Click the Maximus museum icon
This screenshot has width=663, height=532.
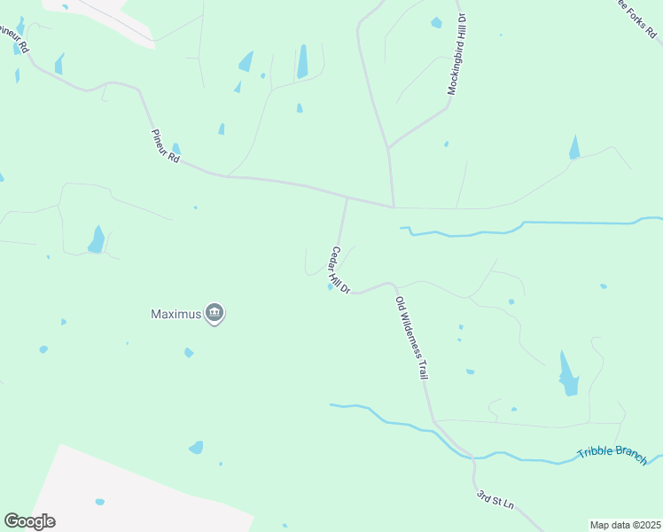coord(214,314)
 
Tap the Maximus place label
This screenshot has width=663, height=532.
coord(175,314)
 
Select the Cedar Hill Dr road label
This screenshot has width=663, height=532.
coord(341,270)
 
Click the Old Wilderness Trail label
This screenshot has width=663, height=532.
coord(412,338)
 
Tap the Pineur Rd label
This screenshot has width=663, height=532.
coord(166,146)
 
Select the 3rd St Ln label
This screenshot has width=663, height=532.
coord(495,499)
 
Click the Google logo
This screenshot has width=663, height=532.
coord(29,521)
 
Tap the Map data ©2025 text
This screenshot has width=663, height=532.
coord(625,525)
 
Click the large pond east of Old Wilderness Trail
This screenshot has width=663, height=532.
coord(568,374)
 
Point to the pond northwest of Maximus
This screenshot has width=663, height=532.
coord(96,239)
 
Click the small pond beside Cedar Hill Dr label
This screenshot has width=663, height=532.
coord(331,286)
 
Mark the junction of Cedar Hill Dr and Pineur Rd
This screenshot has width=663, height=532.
coord(347,199)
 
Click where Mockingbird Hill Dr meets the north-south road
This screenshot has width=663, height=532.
coord(388,147)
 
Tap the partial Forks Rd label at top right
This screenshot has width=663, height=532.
coord(638,20)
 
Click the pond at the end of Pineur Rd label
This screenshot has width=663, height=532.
coord(176,149)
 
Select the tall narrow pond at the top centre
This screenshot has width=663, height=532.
coord(302,61)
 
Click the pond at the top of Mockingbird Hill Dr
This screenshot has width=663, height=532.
coord(436,22)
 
